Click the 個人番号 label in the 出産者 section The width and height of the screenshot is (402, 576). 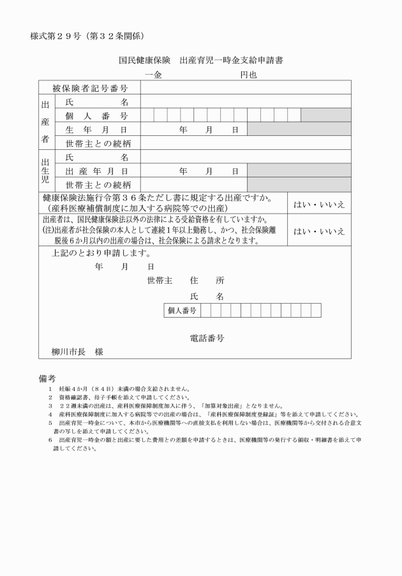pyautogui.click(x=96, y=115)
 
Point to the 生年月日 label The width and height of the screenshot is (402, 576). pyautogui.click(x=96, y=129)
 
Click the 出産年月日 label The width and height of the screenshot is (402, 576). pyautogui.click(x=96, y=170)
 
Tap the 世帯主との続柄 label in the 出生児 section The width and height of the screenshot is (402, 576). pyautogui.click(x=96, y=184)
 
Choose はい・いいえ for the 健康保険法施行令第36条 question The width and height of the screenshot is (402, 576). pyautogui.click(x=319, y=204)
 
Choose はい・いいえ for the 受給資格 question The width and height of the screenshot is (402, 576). pyautogui.click(x=319, y=231)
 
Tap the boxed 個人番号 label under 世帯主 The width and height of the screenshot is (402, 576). pyautogui.click(x=181, y=311)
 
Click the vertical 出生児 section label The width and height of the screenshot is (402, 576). pyautogui.click(x=45, y=170)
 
